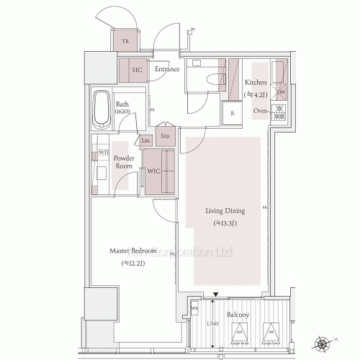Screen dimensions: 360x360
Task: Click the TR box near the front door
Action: (x=126, y=42)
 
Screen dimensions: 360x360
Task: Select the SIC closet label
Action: (x=137, y=70)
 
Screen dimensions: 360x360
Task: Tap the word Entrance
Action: (x=166, y=70)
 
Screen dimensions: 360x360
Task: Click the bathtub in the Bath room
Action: (x=102, y=109)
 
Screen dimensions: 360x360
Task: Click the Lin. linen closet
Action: (x=147, y=140)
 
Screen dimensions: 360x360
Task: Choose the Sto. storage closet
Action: (x=165, y=135)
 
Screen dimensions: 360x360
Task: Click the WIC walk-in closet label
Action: (x=153, y=172)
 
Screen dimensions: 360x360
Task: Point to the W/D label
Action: (x=103, y=153)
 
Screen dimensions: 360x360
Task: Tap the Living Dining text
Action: (x=225, y=211)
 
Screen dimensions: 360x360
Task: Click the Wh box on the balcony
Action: (x=194, y=309)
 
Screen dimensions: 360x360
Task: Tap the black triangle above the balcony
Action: (x=216, y=294)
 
